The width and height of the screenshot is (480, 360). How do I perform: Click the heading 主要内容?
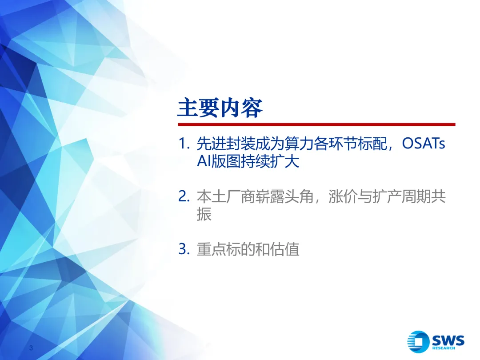point(220,108)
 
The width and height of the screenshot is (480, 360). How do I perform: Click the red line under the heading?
point(317,124)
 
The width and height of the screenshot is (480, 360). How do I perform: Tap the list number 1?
point(184,144)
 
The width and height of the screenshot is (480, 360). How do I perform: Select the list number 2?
point(184,196)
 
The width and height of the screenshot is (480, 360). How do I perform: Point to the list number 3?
point(184,249)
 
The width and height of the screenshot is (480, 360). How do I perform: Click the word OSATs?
point(424,143)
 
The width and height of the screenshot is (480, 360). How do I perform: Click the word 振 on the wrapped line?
point(204,214)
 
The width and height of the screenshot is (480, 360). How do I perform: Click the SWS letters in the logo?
point(448,340)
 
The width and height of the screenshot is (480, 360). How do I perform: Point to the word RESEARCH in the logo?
point(444,348)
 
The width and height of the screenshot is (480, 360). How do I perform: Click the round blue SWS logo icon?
point(418,342)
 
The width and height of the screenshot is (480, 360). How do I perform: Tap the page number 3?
point(31,348)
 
